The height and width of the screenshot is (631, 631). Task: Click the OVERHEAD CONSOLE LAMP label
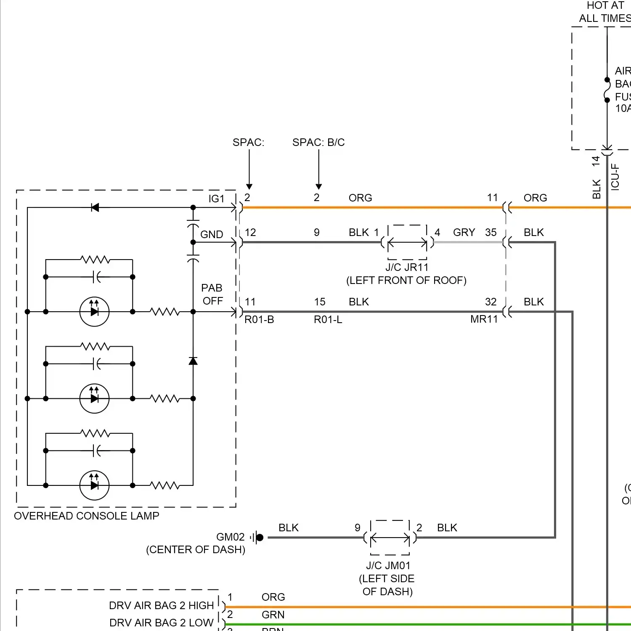[86, 516]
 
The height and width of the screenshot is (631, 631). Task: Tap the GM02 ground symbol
[258, 537]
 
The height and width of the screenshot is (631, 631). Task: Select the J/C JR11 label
[406, 267]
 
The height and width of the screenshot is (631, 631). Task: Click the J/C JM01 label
[388, 565]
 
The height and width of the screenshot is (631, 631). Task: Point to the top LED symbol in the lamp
[94, 312]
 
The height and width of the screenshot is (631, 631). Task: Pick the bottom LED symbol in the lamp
[94, 485]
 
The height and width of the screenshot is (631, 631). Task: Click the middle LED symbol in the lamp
[94, 398]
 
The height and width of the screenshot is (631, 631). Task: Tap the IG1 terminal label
[216, 199]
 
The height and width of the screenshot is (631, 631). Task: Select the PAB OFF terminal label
[212, 294]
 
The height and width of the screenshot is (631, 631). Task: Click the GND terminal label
[212, 234]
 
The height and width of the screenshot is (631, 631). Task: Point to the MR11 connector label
[484, 319]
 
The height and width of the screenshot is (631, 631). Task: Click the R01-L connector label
[328, 320]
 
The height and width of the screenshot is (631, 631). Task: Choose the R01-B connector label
[259, 320]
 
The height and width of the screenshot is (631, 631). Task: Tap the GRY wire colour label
[464, 232]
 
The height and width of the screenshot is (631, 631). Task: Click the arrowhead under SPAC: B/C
[319, 186]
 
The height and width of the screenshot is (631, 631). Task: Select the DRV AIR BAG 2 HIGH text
[161, 605]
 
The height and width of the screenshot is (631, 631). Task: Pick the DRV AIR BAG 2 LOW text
[161, 623]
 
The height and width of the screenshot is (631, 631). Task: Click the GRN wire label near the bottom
[273, 615]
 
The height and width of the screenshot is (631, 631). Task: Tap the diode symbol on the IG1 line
[95, 207]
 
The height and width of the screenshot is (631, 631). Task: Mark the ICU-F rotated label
[615, 177]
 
